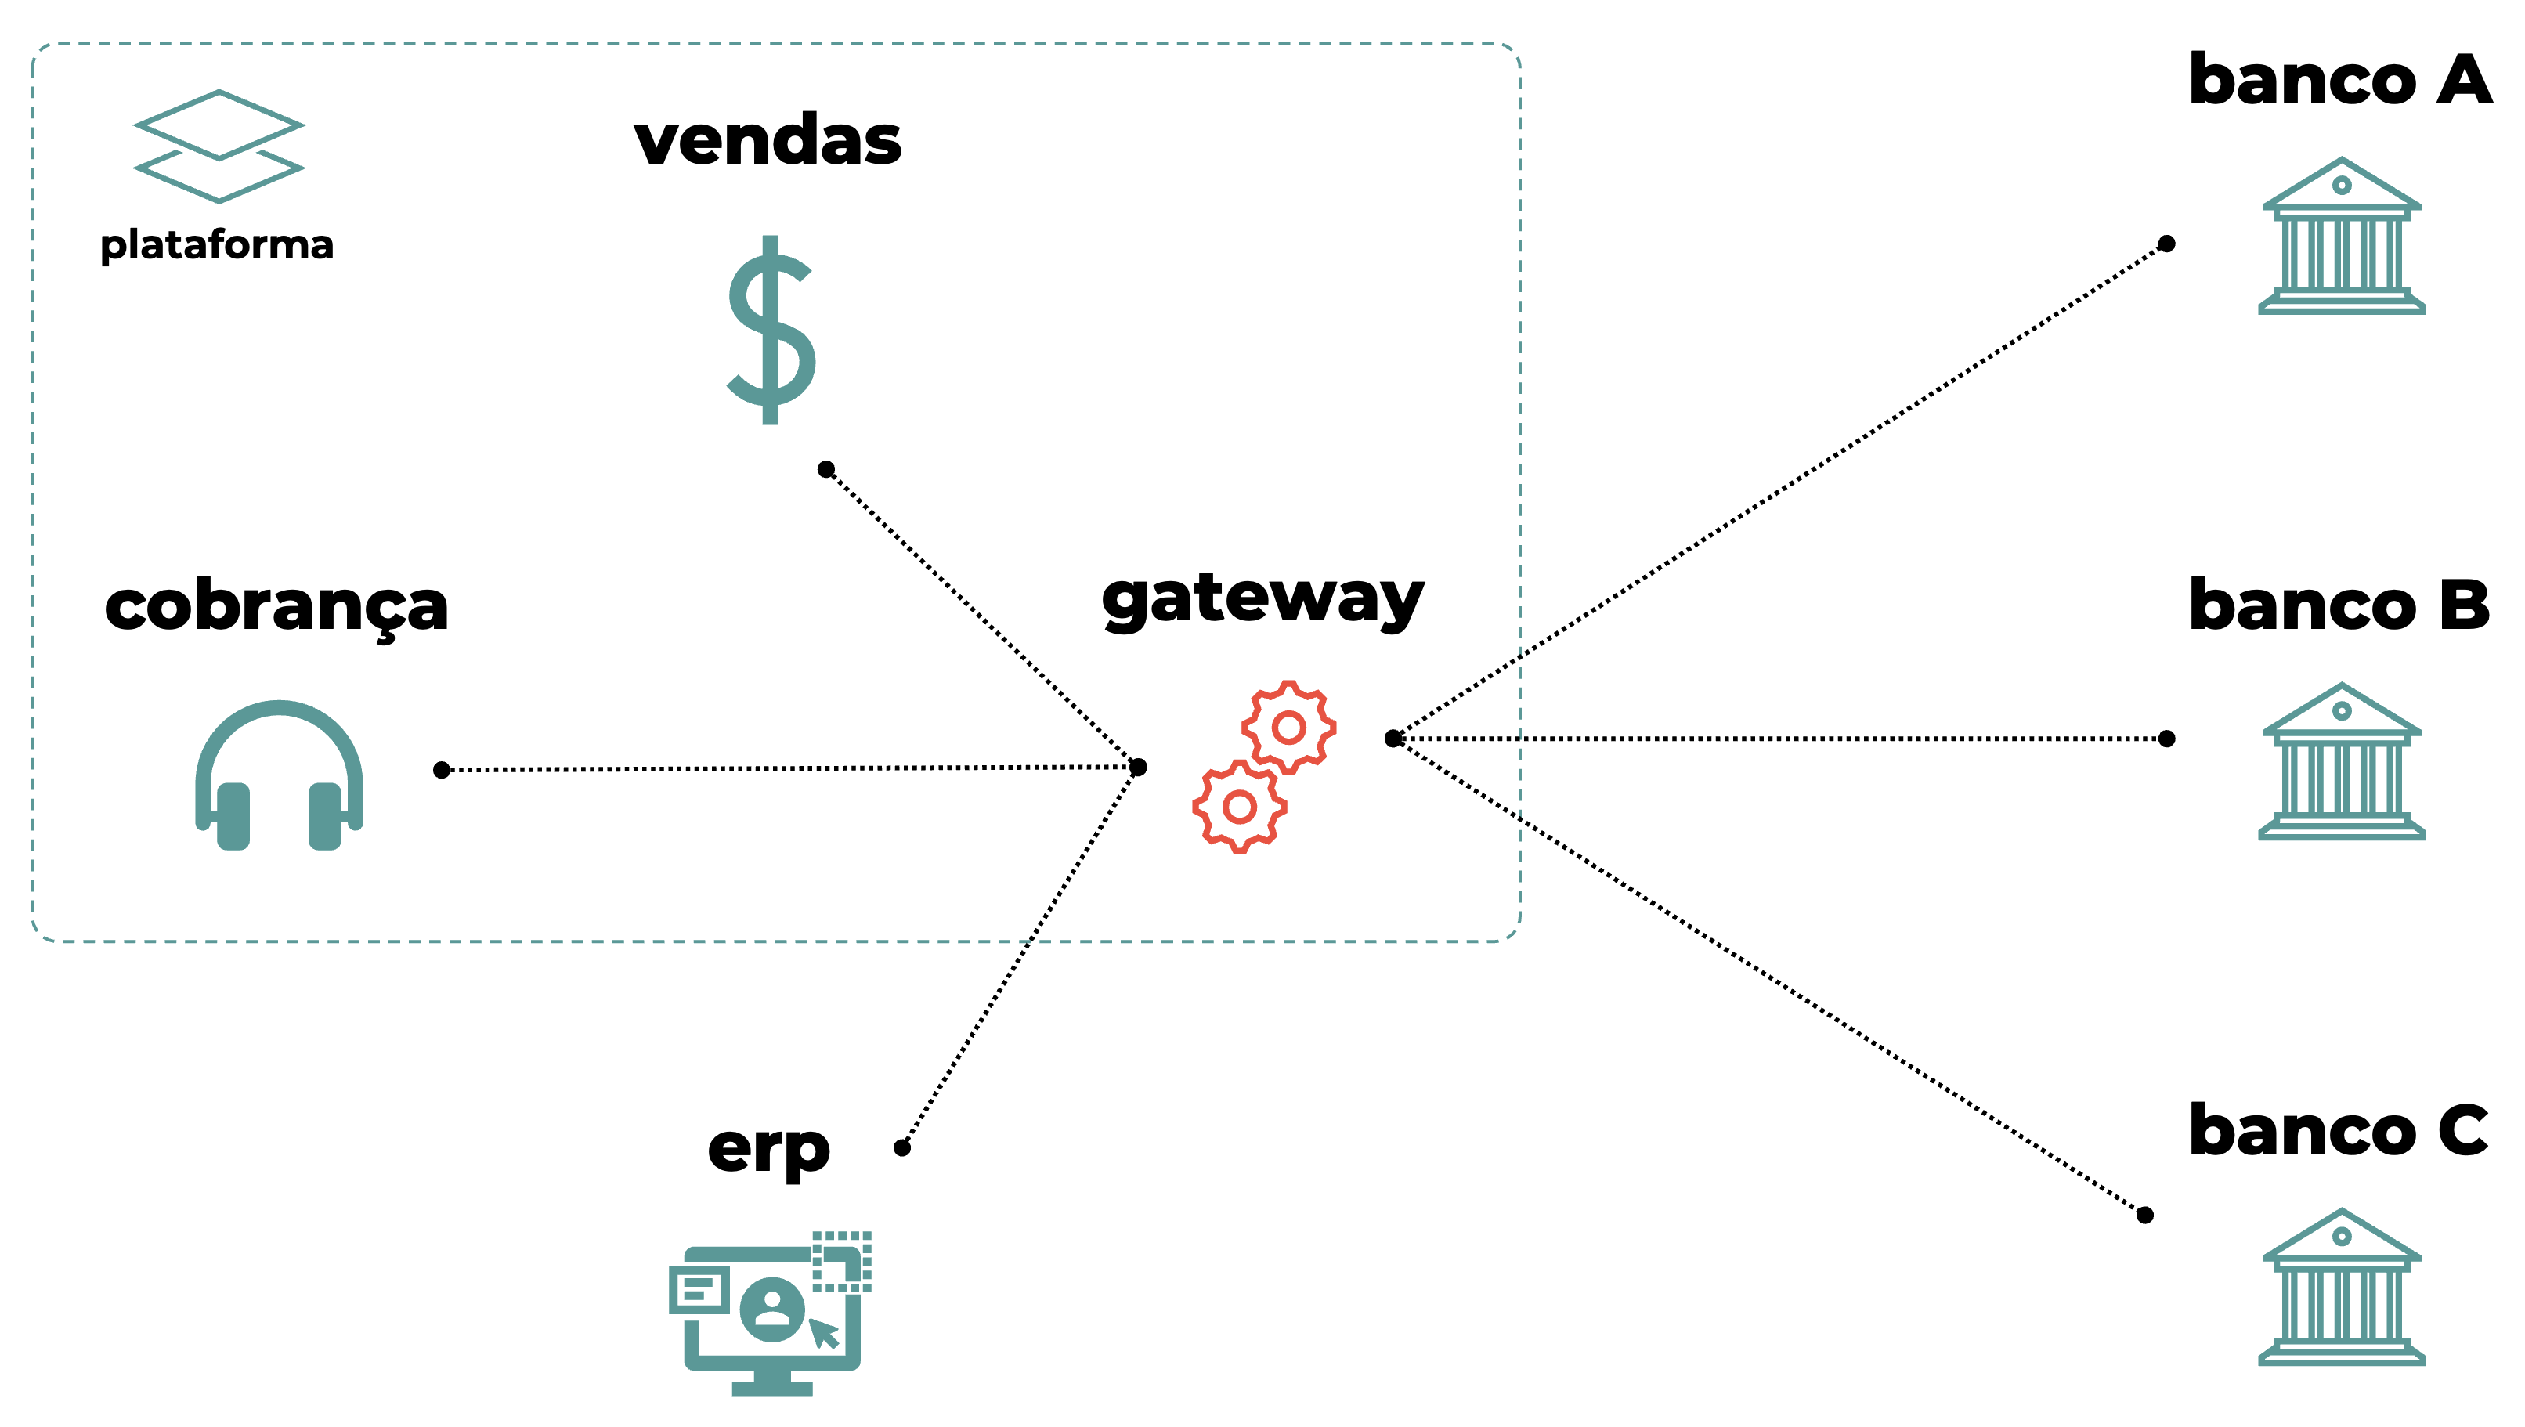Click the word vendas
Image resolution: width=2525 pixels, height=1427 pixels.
coord(768,140)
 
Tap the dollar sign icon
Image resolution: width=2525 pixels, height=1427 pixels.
coord(771,331)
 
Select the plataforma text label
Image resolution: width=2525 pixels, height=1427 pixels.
coord(217,245)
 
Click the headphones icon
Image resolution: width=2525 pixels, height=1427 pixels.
coord(280,775)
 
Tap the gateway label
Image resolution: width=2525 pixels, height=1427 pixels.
coord(1262,599)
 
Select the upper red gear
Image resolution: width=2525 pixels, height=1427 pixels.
coord(1288,728)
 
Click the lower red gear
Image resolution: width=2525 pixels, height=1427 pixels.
coord(1239,807)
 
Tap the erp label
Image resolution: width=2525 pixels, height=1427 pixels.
coord(768,1149)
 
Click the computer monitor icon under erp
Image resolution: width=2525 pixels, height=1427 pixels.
coord(771,1313)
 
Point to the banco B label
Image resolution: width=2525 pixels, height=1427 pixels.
coord(2339,605)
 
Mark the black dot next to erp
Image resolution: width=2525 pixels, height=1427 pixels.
coord(901,1147)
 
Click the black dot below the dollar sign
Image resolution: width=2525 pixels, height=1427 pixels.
coord(826,469)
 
